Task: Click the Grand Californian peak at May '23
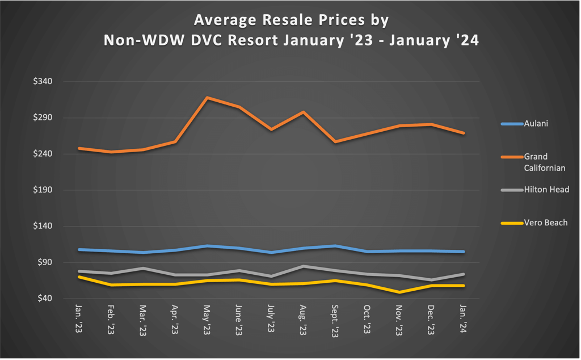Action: (208, 98)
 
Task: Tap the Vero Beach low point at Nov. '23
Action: (400, 292)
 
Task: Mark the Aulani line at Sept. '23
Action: (336, 246)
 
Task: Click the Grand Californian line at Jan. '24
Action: (464, 133)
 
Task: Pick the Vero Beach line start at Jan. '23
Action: (79, 277)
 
